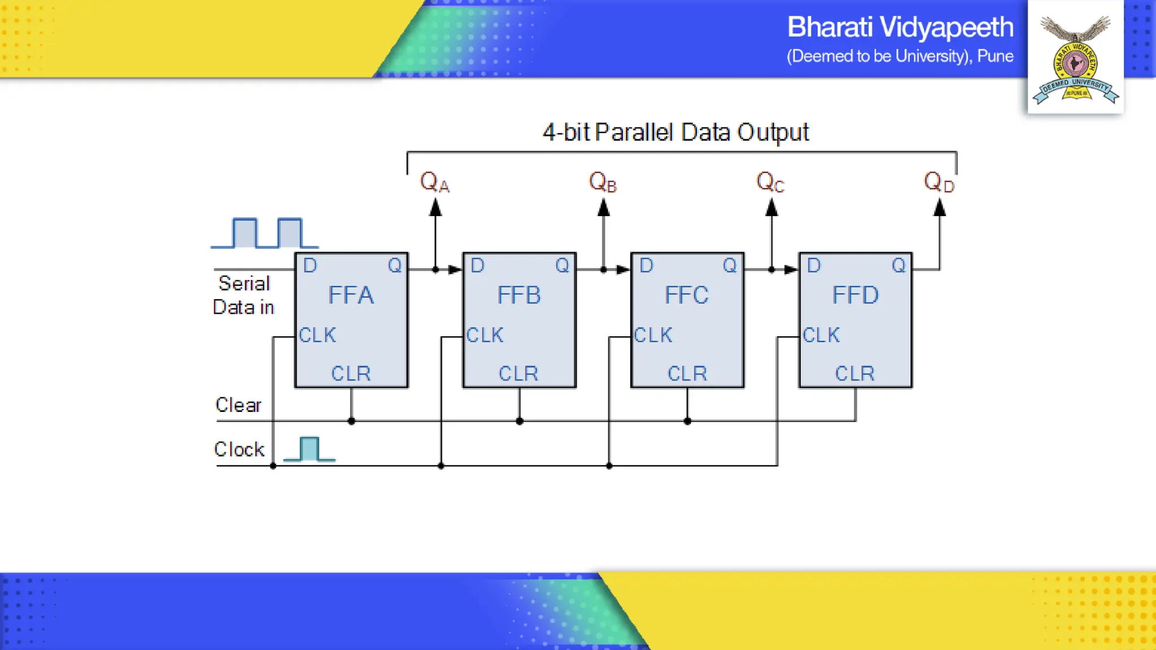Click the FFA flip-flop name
click(351, 295)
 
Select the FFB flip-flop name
click(519, 295)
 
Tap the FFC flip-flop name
click(686, 295)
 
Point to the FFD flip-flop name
click(855, 295)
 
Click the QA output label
click(434, 182)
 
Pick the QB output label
click(602, 182)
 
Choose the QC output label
click(770, 182)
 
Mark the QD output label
click(939, 182)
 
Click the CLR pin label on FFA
click(351, 374)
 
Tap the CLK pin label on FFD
click(821, 335)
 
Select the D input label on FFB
click(478, 265)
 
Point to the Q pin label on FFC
click(730, 265)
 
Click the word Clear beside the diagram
click(238, 405)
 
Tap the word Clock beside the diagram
click(239, 449)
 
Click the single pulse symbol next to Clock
click(309, 449)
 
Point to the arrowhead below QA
click(435, 208)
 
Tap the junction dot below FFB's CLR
click(519, 421)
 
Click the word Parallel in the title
click(634, 132)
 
